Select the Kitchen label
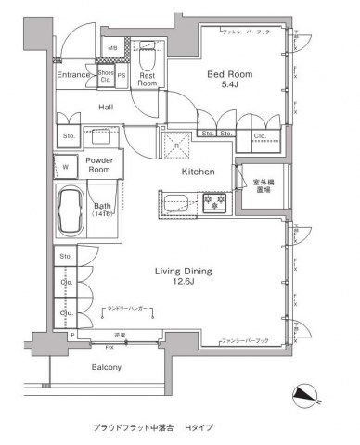tap(198, 172)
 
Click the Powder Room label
tap(99, 165)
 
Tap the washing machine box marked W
tap(67, 168)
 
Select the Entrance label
tap(72, 75)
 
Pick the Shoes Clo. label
tap(106, 75)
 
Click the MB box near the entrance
tap(112, 47)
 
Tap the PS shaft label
tap(122, 75)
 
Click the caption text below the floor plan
tap(153, 428)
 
